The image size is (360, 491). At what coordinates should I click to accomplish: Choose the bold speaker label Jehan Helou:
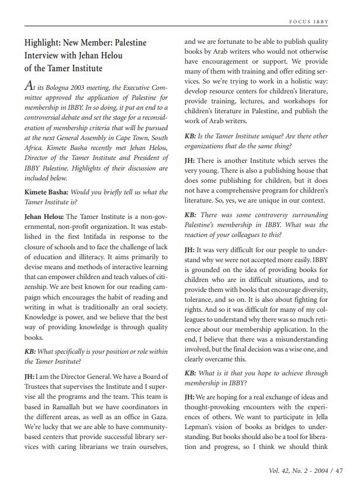(x=46, y=217)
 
